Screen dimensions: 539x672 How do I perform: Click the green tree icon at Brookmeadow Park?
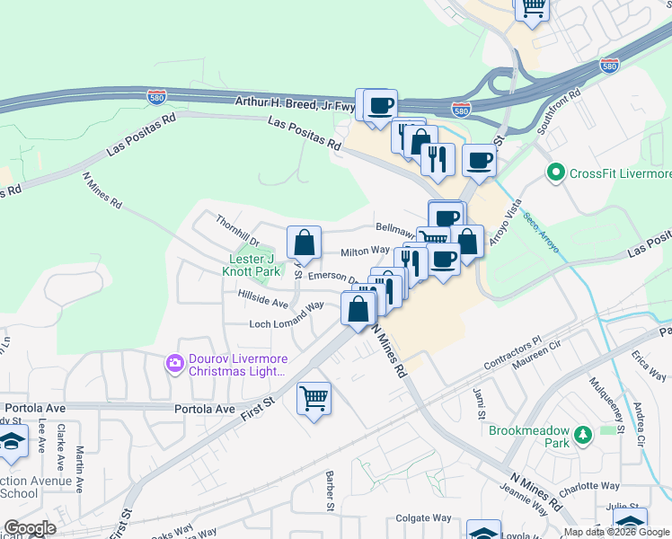click(581, 436)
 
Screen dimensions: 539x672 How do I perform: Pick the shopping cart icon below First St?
click(314, 397)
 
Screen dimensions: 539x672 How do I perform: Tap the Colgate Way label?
click(423, 517)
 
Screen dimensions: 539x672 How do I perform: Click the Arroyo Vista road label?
click(503, 224)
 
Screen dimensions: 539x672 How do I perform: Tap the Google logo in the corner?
click(31, 528)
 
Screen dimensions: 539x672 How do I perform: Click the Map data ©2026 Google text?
click(616, 532)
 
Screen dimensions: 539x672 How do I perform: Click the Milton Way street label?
click(365, 252)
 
